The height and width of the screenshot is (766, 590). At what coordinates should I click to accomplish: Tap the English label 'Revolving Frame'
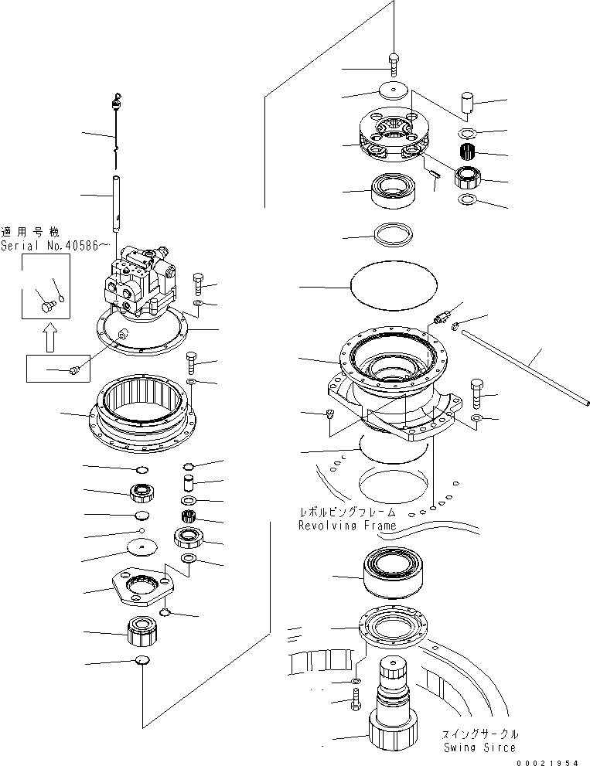click(x=347, y=526)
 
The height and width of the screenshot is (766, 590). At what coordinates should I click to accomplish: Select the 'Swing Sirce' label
click(x=479, y=747)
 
